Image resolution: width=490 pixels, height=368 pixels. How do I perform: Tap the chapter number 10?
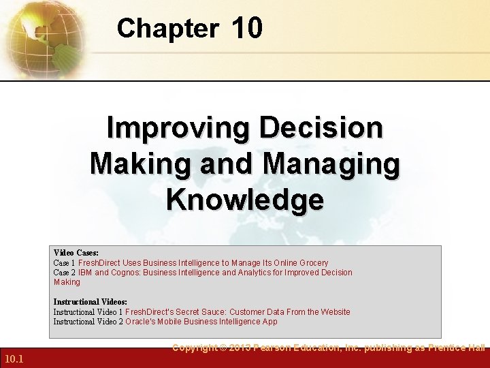pyautogui.click(x=246, y=29)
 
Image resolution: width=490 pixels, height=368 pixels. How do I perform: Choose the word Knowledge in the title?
pyautogui.click(x=244, y=200)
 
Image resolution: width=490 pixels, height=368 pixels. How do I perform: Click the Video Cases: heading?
pyautogui.click(x=76, y=253)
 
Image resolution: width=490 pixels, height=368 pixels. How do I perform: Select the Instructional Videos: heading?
pyautogui.click(x=91, y=302)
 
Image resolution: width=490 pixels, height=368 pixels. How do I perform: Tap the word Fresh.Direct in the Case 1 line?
pyautogui.click(x=100, y=263)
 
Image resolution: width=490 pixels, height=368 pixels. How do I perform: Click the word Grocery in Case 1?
pyautogui.click(x=313, y=263)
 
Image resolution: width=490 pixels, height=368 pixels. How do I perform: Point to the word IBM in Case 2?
pyautogui.click(x=85, y=273)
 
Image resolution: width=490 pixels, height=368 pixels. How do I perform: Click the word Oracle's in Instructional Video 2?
pyautogui.click(x=142, y=322)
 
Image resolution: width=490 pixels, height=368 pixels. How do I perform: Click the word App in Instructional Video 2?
pyautogui.click(x=269, y=322)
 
